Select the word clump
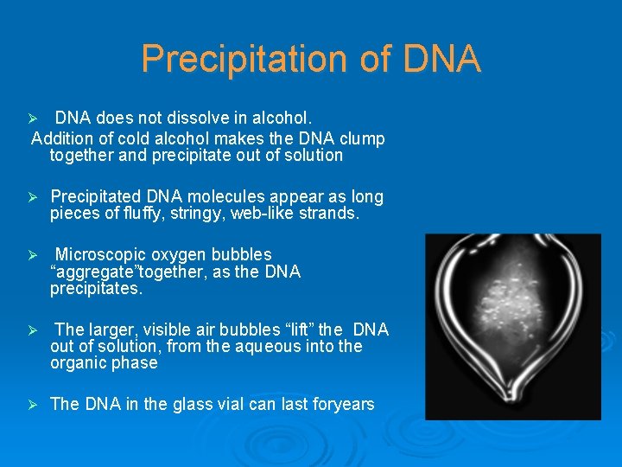(x=364, y=138)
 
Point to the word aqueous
(x=272, y=346)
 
